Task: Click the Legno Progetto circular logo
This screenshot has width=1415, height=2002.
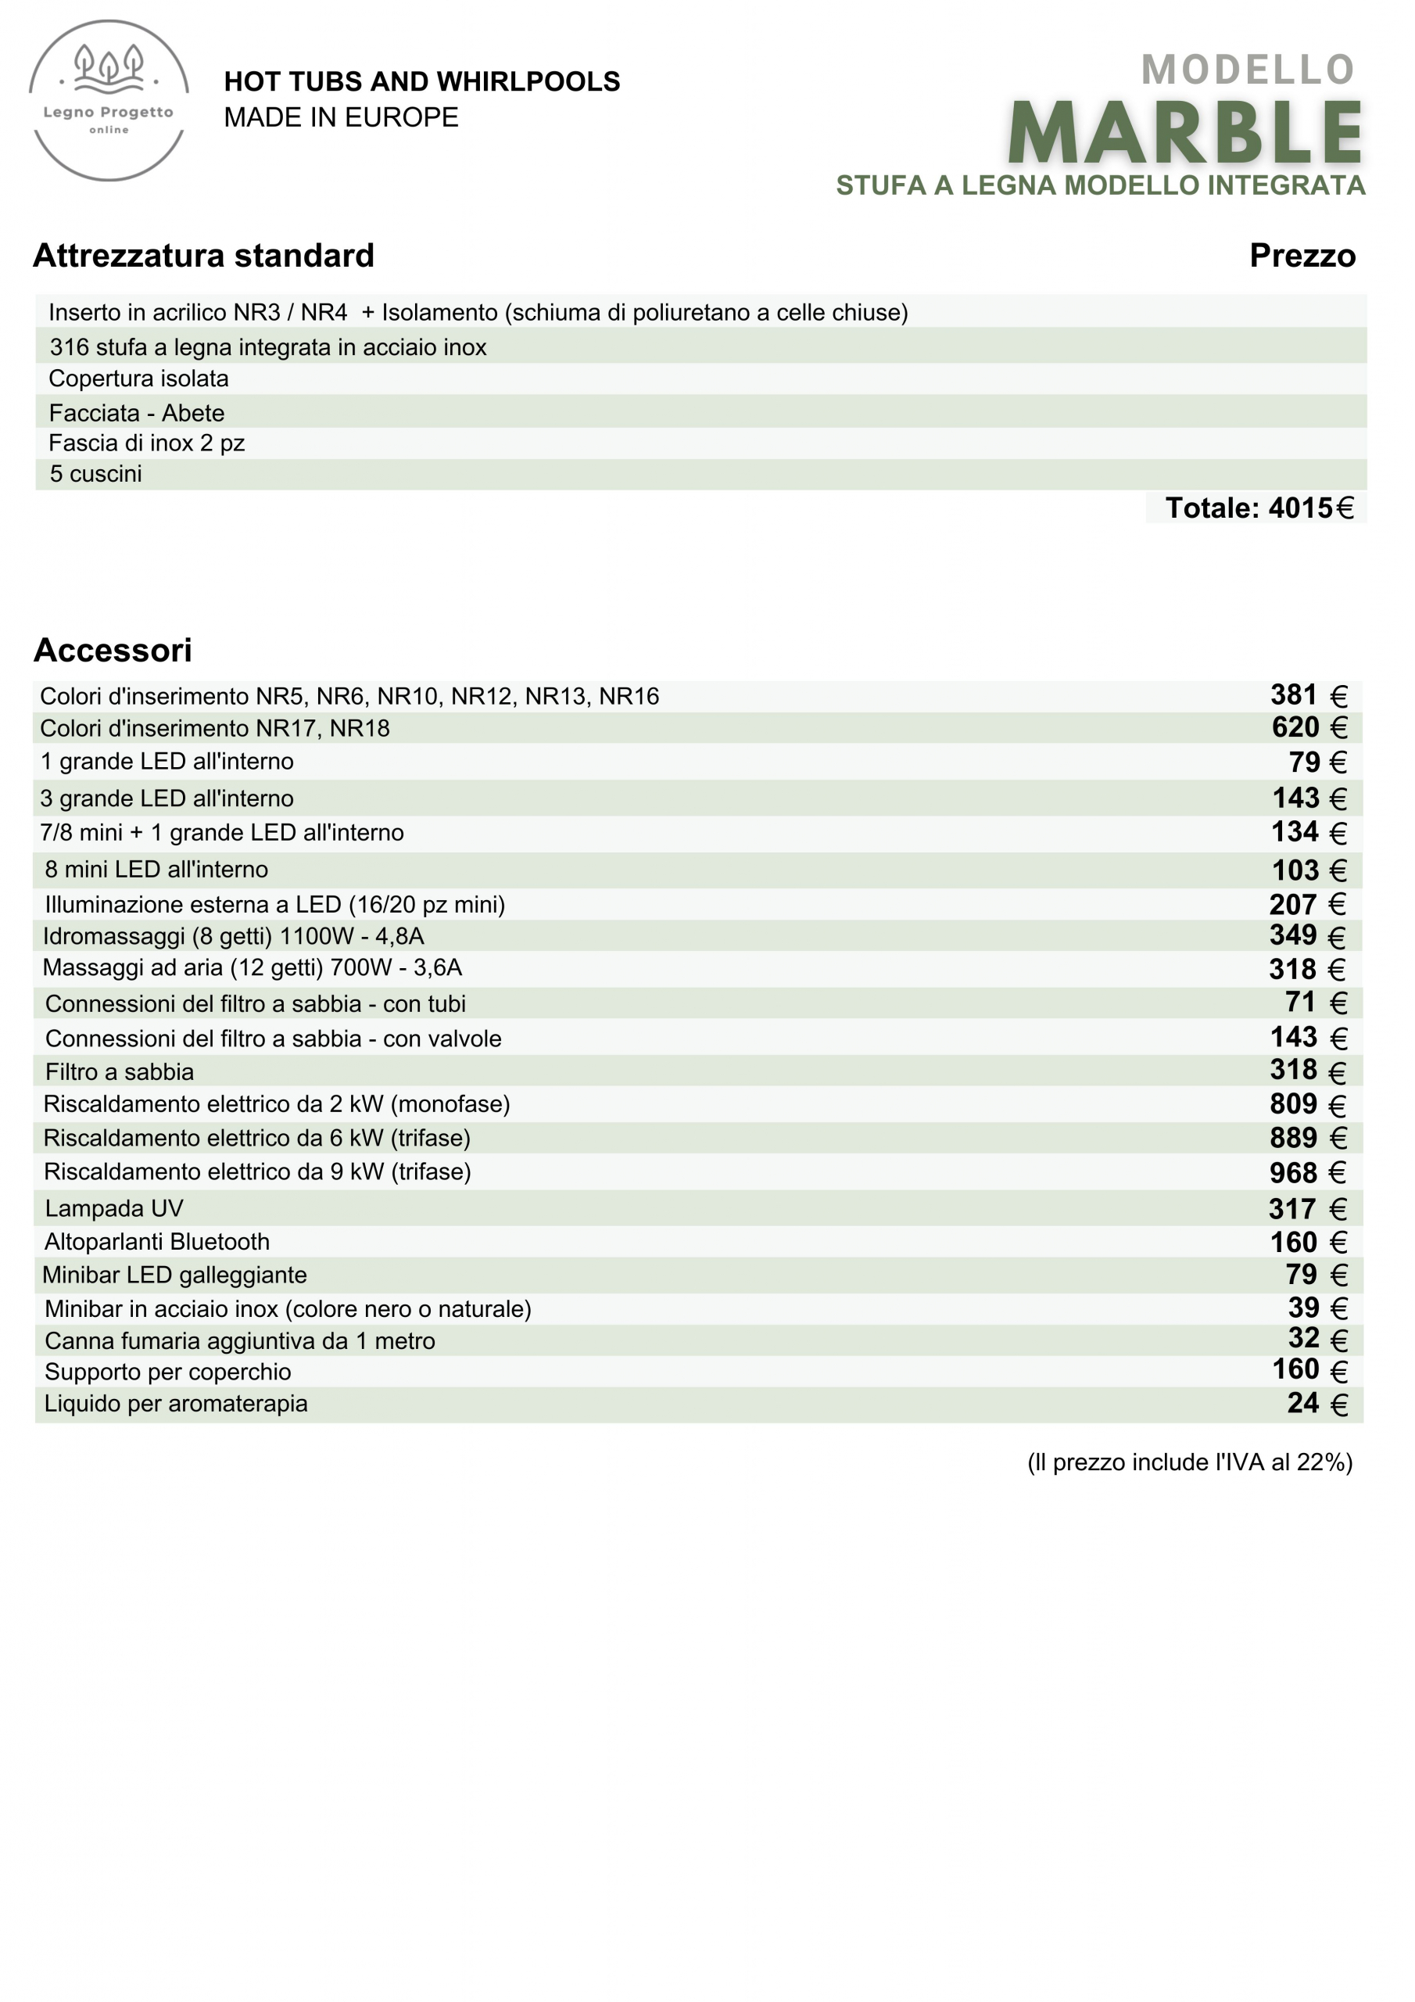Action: tap(109, 101)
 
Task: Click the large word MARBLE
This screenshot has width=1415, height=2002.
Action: tap(1185, 134)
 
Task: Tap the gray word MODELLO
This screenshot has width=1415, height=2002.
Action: tap(1248, 70)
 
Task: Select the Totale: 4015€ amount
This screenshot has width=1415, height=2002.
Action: tap(1259, 508)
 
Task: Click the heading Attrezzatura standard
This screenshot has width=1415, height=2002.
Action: tap(203, 256)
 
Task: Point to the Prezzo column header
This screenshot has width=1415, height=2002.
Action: tap(1302, 256)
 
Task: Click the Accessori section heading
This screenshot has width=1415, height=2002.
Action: tap(113, 651)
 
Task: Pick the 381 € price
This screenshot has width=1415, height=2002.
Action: tap(1308, 696)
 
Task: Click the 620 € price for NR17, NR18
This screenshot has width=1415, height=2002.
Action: tap(1309, 727)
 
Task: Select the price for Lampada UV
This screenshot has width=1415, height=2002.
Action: tap(1307, 1208)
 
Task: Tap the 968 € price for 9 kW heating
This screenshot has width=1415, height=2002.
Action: tap(1307, 1173)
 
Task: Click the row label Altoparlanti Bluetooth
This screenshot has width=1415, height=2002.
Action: tap(157, 1242)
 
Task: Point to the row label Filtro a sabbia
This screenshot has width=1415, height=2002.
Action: tap(120, 1071)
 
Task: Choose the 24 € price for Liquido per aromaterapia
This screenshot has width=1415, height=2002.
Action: tap(1316, 1404)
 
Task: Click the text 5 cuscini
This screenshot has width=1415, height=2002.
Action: tap(96, 475)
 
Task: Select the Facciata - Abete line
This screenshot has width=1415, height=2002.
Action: tap(137, 412)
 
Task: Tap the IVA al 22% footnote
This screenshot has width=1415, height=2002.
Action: tap(1189, 1462)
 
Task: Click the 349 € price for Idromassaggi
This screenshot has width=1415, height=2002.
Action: tap(1307, 935)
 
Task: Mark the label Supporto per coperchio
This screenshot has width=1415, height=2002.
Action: tap(167, 1372)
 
